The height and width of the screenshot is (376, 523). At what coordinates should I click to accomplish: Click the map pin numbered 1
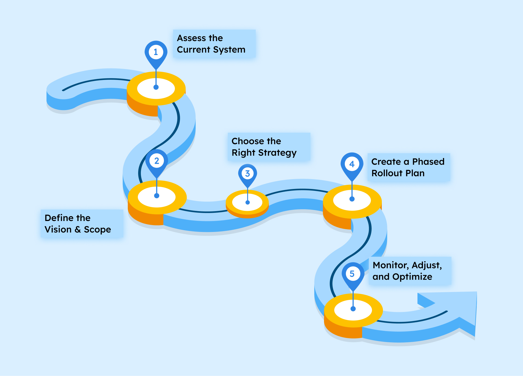pos(156,52)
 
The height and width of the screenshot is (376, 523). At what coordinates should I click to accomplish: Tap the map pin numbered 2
pos(157,161)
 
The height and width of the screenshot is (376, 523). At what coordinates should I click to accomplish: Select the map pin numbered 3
pos(248,173)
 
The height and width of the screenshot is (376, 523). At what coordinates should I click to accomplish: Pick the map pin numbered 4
pos(352,164)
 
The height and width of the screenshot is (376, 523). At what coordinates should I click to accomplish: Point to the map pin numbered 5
pos(353,274)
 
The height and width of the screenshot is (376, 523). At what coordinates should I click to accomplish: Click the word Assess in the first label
pos(191,38)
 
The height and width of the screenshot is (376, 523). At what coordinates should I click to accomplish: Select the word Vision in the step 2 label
pos(58,229)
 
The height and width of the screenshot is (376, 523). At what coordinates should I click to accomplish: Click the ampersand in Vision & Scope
pos(78,229)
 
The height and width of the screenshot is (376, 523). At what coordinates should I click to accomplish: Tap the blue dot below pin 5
pos(353,309)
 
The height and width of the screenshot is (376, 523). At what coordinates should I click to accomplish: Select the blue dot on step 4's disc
pos(352,199)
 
